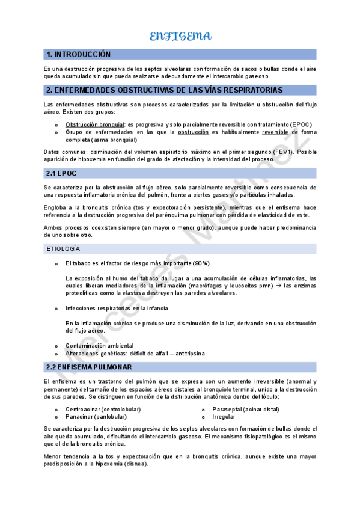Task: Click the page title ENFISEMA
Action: pos(180,37)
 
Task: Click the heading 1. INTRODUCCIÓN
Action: pos(79,54)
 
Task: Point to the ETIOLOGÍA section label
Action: pos(63,249)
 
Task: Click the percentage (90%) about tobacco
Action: pos(201,263)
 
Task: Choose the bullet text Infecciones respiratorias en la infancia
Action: pos(117,308)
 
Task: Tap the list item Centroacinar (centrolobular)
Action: pos(103,409)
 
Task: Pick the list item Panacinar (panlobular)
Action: pos(96,416)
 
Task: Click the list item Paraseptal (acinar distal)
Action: pos(246,409)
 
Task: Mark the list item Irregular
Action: pos(224,416)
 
